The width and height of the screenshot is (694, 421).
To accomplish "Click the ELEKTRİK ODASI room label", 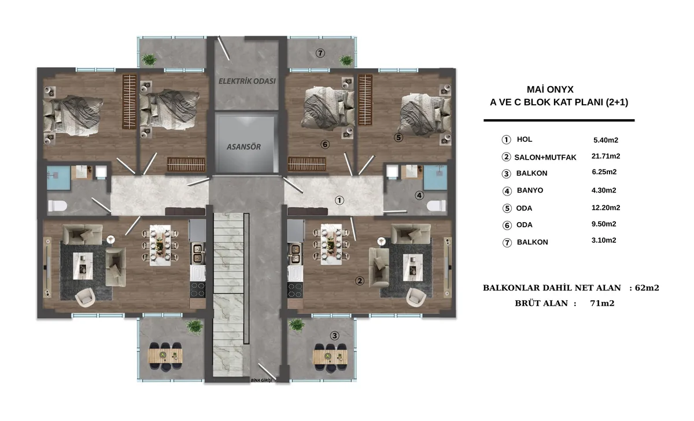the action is click(x=247, y=81).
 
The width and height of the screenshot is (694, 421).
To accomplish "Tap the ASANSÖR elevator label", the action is click(x=243, y=147).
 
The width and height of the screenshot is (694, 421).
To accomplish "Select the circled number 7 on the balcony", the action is click(x=320, y=53).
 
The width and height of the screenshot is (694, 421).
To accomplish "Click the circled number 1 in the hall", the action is click(x=339, y=201).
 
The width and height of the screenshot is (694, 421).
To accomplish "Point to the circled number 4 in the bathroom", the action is click(x=419, y=195).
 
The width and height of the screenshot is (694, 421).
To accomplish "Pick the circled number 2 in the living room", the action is click(x=359, y=281).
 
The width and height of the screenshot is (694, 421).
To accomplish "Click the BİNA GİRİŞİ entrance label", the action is click(x=261, y=380).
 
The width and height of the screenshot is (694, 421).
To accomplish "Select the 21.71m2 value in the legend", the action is click(x=606, y=156).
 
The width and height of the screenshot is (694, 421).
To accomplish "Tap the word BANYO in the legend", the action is click(x=530, y=190).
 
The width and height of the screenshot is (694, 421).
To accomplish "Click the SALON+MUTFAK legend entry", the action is click(x=545, y=157).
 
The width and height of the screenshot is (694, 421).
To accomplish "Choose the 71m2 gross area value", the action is click(x=602, y=303).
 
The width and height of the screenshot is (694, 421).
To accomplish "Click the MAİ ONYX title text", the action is click(x=550, y=90).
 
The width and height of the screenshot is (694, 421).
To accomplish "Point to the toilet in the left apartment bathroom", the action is click(x=58, y=206).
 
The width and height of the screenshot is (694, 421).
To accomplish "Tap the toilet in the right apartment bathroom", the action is click(x=436, y=206).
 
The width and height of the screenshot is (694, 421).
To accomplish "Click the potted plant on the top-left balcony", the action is click(x=149, y=60).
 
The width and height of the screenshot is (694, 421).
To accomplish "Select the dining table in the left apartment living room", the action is click(x=160, y=245).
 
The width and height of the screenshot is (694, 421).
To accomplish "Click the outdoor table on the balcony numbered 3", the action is click(x=330, y=357).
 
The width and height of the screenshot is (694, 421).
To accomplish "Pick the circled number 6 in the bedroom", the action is click(x=324, y=144).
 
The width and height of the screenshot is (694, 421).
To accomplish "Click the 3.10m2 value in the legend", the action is click(x=604, y=241).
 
